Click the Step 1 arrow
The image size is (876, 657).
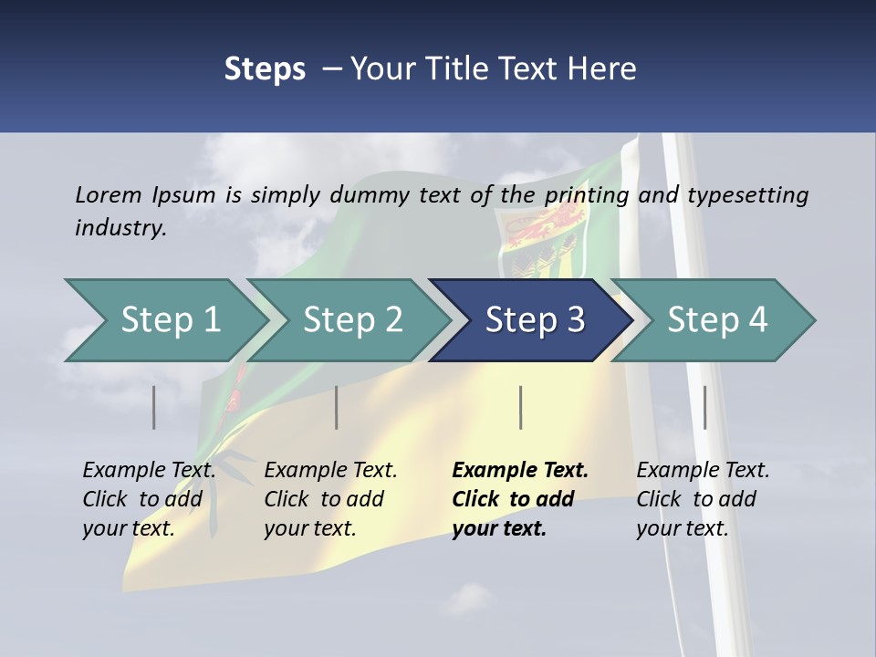click(164, 320)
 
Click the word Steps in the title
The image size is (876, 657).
click(265, 68)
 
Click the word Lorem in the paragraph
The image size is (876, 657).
click(108, 194)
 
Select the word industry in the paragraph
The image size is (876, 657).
click(120, 227)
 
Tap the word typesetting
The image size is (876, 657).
click(747, 194)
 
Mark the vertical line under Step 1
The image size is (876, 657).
click(154, 407)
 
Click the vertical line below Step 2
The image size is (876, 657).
click(337, 407)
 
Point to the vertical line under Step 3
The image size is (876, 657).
click(521, 407)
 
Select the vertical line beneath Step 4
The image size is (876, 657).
click(705, 407)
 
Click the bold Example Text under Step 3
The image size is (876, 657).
click(520, 471)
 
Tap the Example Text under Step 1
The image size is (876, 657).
click(149, 471)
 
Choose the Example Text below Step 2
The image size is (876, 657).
click(330, 471)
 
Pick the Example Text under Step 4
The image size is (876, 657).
click(703, 471)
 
